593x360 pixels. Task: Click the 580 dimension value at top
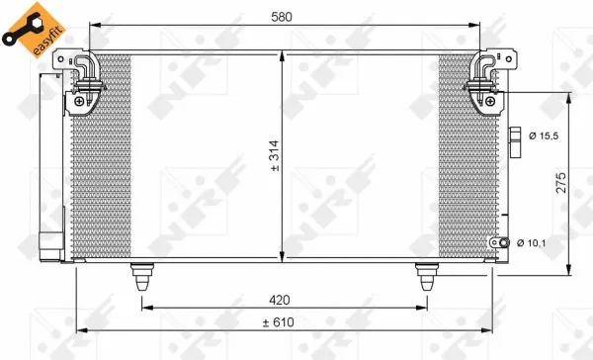[x=284, y=16]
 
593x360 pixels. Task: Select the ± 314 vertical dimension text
[x=276, y=156]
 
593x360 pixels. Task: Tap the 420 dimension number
[x=284, y=299]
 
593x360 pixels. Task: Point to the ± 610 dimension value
[x=284, y=321]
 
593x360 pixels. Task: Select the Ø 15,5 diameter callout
[x=544, y=135]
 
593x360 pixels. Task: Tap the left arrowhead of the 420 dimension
[x=146, y=308]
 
